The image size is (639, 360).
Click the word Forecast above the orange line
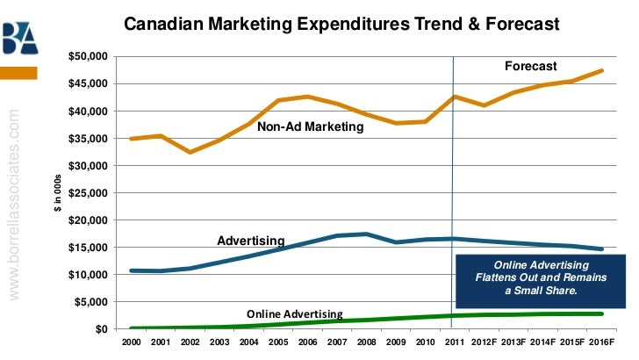(x=530, y=66)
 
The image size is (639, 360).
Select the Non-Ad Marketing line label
(x=310, y=127)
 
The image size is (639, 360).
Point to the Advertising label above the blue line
(x=250, y=240)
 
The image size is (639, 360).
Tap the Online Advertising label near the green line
(x=294, y=313)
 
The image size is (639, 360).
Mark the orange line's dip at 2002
(x=190, y=152)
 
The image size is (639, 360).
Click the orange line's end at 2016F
(x=601, y=70)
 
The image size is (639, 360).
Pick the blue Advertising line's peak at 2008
(x=366, y=234)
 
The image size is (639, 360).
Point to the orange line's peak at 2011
(x=454, y=97)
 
